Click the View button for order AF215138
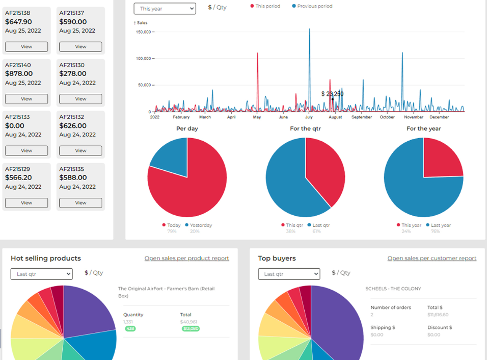(x=26, y=46)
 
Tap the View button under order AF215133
(x=26, y=150)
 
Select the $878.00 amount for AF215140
(x=19, y=74)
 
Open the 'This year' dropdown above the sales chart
(x=165, y=9)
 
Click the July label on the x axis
(x=309, y=117)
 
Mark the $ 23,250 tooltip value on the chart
(x=332, y=94)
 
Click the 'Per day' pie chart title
(x=187, y=128)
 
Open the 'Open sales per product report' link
(x=186, y=259)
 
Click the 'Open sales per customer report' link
(x=431, y=259)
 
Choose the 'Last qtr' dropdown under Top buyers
(x=289, y=274)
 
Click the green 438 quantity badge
(x=130, y=329)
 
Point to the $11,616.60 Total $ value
(x=438, y=315)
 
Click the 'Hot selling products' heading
(x=46, y=259)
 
